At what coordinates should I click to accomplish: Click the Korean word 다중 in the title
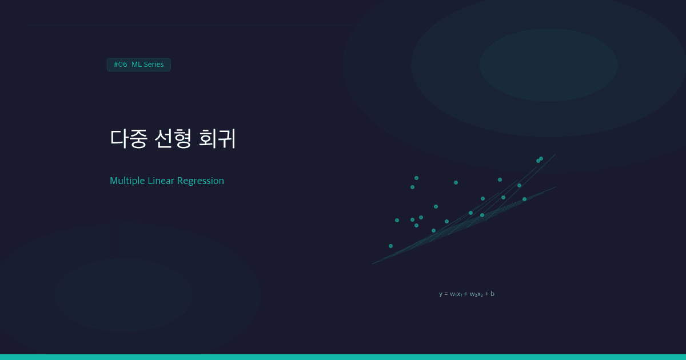[x=129, y=139]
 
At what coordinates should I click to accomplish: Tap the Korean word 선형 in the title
[x=173, y=139]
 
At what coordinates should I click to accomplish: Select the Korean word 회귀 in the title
[x=217, y=139]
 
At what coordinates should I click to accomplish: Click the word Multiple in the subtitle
[x=127, y=181]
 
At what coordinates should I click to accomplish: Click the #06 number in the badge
[x=121, y=65]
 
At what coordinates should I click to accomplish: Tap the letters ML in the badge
[x=137, y=65]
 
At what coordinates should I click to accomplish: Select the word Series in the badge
[x=154, y=65]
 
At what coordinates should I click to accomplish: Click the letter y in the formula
[x=441, y=294]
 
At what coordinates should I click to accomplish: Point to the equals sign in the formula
[x=446, y=294]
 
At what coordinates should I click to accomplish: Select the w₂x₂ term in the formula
[x=476, y=294]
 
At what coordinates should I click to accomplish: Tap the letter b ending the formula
[x=493, y=294]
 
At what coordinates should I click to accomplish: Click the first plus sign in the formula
[x=466, y=294]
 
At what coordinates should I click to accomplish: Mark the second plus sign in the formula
[x=486, y=294]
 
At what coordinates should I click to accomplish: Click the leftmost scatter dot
[x=390, y=246]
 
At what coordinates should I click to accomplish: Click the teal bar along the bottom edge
[x=343, y=357]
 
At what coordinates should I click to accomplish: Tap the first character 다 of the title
[x=119, y=139]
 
